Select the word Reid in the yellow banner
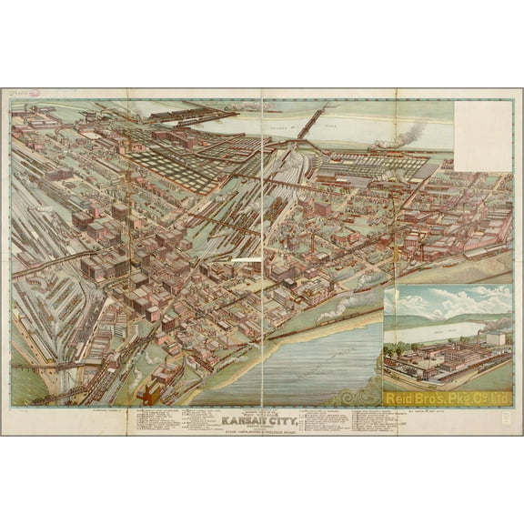click(x=401, y=398)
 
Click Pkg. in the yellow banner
click(x=466, y=398)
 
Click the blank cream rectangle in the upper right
click(x=482, y=135)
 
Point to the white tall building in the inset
click(x=496, y=338)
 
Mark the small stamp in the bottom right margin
click(x=506, y=420)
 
